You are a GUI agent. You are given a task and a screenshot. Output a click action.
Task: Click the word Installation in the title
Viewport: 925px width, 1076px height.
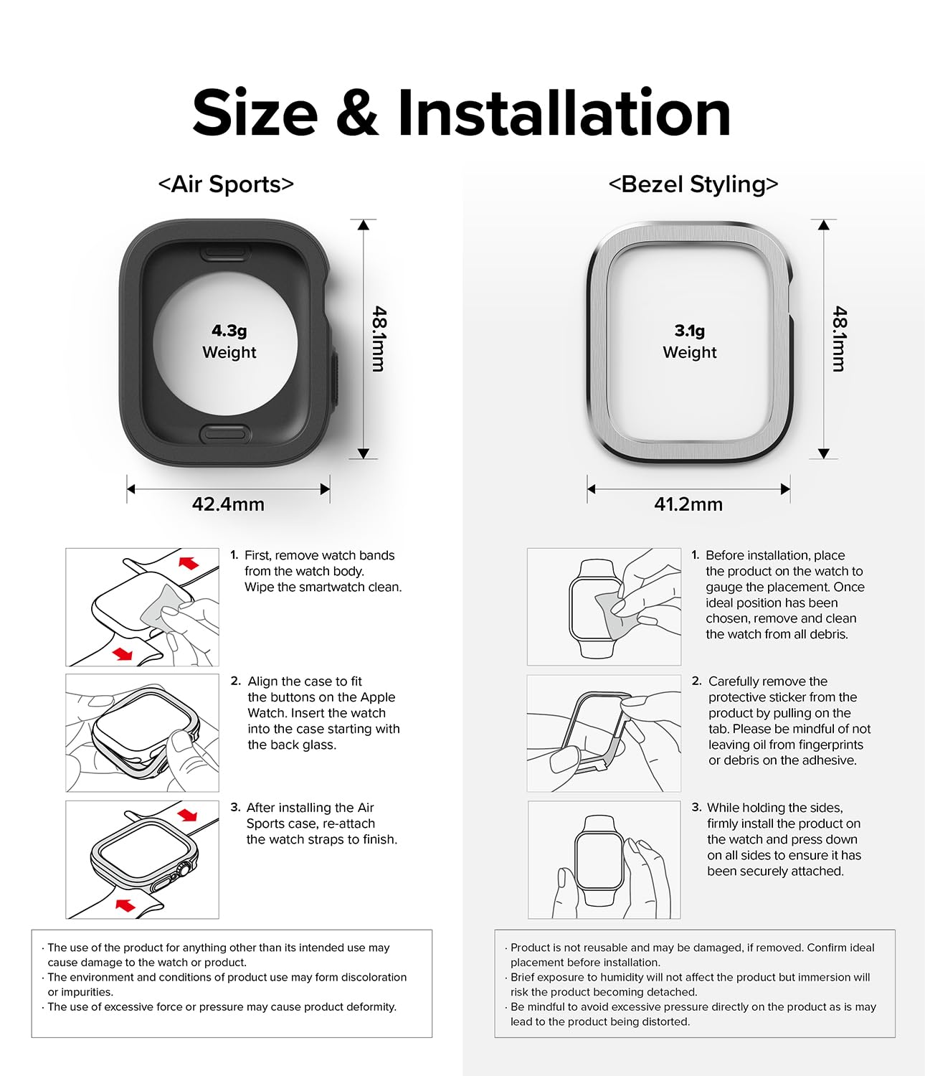point(564,113)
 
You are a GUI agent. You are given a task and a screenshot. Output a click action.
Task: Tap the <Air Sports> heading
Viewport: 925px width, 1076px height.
point(226,184)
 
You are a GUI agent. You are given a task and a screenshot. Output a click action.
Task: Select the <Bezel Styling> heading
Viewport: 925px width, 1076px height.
point(693,184)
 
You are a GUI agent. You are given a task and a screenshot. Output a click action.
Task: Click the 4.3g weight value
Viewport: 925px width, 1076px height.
point(229,331)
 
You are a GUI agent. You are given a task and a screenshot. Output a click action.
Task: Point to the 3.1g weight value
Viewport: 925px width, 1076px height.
point(689,331)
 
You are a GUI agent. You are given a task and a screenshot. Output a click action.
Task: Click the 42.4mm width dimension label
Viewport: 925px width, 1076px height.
point(228,504)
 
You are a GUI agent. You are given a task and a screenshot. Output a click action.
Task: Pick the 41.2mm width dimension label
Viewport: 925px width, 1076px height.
point(688,504)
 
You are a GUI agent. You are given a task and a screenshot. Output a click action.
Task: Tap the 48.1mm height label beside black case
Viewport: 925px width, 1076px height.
point(379,339)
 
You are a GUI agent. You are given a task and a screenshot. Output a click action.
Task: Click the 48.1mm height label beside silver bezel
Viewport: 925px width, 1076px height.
point(840,339)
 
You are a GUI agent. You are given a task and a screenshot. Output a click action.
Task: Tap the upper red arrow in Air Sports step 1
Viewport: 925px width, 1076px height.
point(189,562)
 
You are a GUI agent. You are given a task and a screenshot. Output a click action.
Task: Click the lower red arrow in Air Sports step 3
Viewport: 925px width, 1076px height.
point(125,905)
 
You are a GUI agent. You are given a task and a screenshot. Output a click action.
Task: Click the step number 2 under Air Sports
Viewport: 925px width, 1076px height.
point(235,681)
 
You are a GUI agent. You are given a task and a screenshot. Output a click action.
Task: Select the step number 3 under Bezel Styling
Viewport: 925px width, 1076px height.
point(696,808)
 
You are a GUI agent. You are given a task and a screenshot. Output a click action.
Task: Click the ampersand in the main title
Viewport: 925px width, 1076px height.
point(357,113)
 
